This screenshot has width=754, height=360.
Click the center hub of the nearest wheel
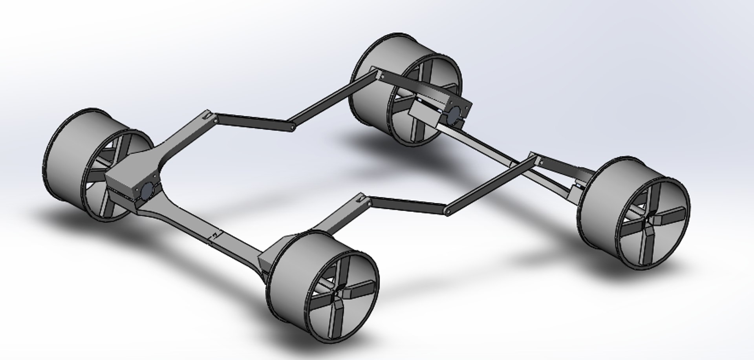tap(339, 297)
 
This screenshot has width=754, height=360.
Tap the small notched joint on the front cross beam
tap(215, 236)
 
